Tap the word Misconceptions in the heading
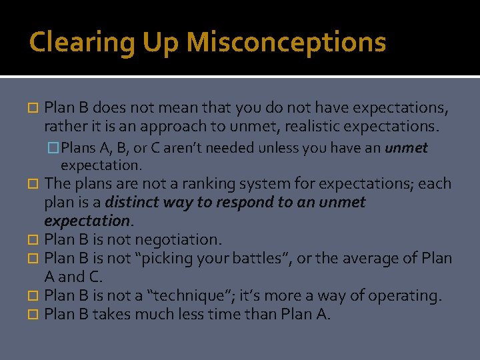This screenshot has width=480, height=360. [x=286, y=42]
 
